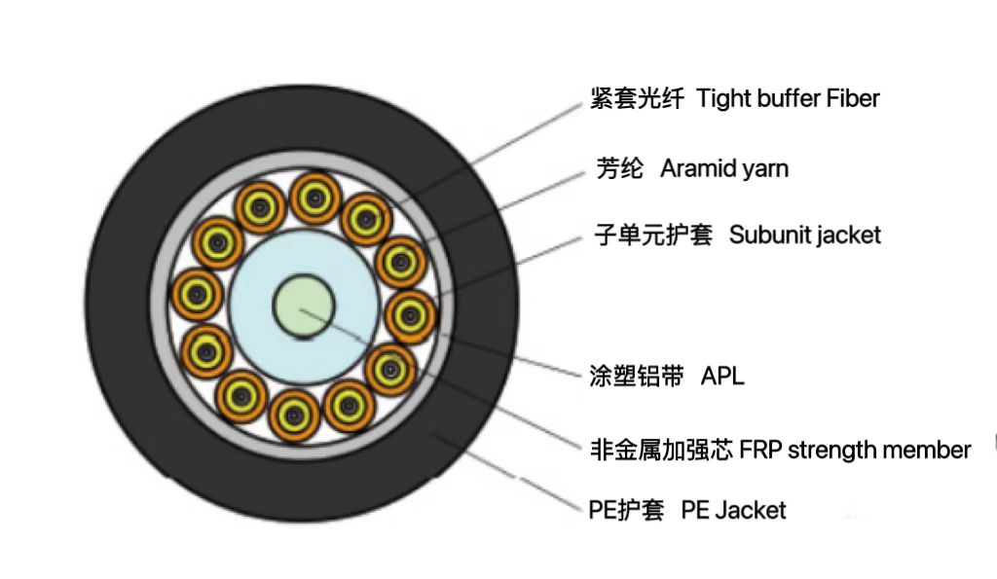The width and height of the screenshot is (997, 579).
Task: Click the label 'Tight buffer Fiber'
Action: [789, 98]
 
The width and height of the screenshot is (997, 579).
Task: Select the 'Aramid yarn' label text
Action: [724, 168]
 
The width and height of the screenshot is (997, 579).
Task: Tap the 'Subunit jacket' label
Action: [805, 235]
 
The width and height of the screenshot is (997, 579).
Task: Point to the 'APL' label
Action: [722, 377]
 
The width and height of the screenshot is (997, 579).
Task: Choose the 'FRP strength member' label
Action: [855, 450]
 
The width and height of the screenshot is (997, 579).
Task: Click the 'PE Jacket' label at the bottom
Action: [733, 509]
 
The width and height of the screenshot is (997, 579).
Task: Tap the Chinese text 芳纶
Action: [619, 168]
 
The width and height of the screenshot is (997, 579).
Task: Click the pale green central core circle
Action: [300, 306]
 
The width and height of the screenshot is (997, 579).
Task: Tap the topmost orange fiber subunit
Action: [314, 199]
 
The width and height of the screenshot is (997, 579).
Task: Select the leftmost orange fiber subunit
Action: [197, 291]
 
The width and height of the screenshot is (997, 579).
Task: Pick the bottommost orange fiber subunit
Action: [292, 415]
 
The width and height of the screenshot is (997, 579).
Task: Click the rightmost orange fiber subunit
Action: [411, 313]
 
